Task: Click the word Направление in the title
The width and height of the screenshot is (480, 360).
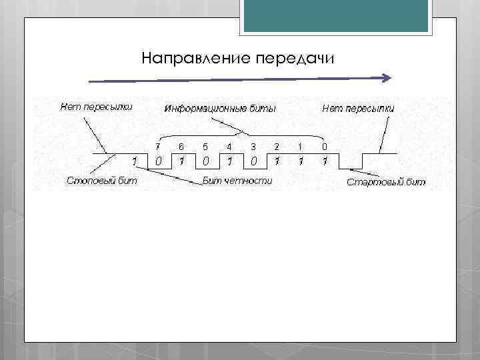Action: pos(195,58)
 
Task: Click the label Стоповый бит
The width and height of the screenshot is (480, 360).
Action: pos(97,180)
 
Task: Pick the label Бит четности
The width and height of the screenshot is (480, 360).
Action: pos(237,181)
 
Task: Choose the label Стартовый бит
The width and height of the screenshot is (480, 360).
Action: pos(385,182)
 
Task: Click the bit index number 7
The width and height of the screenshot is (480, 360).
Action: pos(158,146)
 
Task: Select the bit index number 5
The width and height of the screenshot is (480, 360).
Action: pos(205,146)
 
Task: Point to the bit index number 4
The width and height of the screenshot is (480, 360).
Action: pos(229,146)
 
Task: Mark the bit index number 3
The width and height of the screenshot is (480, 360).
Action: pos(253,146)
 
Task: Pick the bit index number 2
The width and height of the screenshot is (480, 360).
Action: pos(277,146)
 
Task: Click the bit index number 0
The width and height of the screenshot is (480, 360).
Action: pos(324,146)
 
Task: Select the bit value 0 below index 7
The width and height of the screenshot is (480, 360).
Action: pos(158,161)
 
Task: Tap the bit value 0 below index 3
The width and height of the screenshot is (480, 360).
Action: pos(253,161)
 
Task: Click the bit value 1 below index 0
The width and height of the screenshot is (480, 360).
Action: pos(324,161)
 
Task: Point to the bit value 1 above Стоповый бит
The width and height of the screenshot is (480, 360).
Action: pos(134,161)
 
